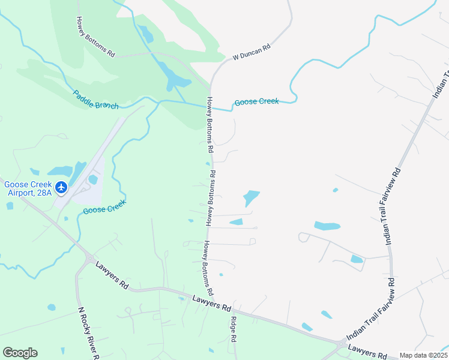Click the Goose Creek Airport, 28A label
coord(28,188)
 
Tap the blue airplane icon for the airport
coord(61,187)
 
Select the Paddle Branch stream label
coord(96,99)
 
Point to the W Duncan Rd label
coord(252,52)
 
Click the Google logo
coord(20,353)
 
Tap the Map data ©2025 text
coord(424,355)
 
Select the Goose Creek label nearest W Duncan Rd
coord(256,102)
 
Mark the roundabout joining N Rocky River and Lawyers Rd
coord(89,259)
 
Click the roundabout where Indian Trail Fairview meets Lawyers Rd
coord(342,345)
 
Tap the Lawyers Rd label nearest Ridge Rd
coord(212,303)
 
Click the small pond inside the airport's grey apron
coord(92,179)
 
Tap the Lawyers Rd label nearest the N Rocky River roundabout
coord(112,275)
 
